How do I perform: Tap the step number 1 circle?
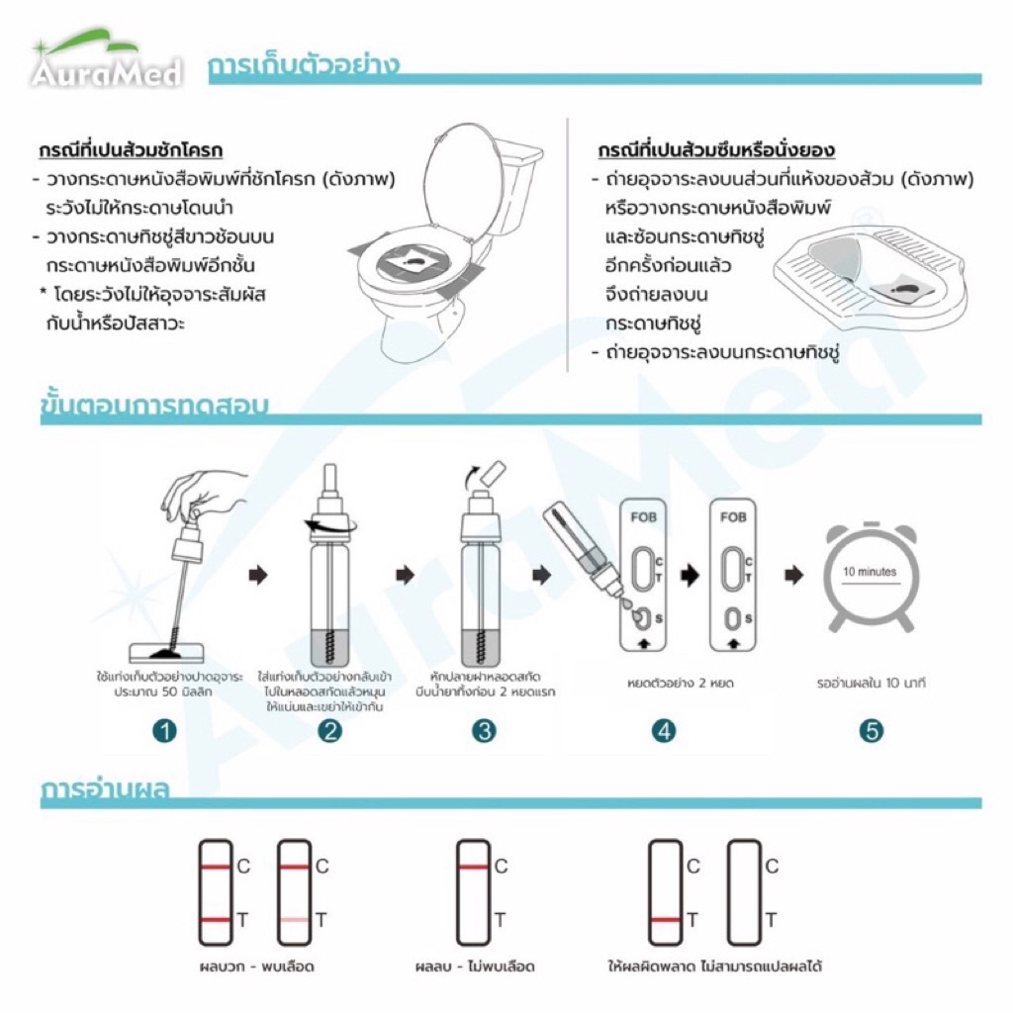(x=165, y=731)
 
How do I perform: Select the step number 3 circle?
(x=484, y=731)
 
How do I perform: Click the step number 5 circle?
(x=871, y=731)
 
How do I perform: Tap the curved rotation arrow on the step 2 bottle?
(x=330, y=525)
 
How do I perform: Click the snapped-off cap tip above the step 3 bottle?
(x=495, y=475)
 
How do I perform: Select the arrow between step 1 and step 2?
(x=258, y=575)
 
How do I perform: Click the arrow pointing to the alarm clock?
(x=794, y=575)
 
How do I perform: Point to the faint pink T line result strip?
(x=294, y=892)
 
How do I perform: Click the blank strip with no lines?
(x=744, y=892)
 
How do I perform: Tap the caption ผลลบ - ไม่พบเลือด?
(x=475, y=967)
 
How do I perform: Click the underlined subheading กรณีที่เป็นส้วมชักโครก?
(x=131, y=150)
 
